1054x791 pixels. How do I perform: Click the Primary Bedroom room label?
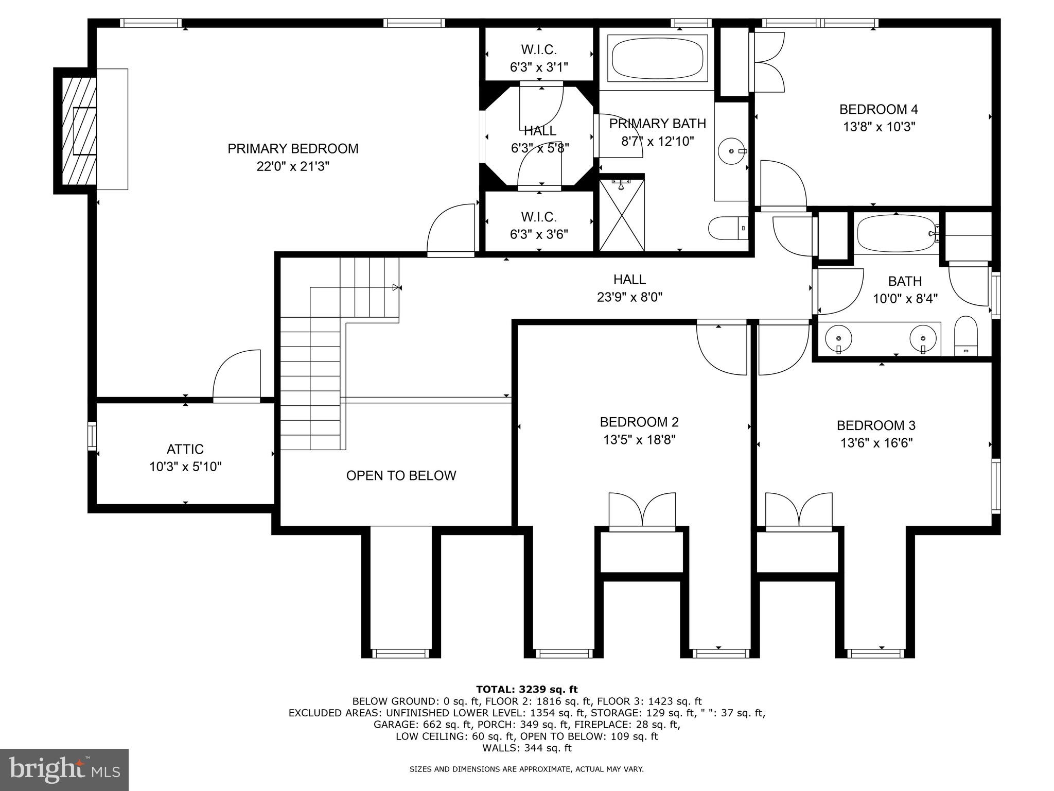point(293,149)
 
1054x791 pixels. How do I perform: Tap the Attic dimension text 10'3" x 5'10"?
point(185,467)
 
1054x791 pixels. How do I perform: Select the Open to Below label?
point(401,475)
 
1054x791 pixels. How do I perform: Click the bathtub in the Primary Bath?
point(657,58)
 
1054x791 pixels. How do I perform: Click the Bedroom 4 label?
point(879,109)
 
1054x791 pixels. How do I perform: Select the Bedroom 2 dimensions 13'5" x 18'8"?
point(639,440)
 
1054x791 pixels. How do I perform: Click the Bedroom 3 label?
point(876,425)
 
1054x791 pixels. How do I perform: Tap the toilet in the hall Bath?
point(965,336)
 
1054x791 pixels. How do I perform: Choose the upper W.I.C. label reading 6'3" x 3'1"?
point(539,67)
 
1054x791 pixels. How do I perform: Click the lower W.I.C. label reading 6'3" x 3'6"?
point(539,234)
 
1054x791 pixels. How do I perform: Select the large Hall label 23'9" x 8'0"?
point(629,297)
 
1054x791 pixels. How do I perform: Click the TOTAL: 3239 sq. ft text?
point(526,690)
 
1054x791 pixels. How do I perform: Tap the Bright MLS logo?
point(64,769)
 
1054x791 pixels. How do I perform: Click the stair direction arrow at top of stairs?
point(396,287)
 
